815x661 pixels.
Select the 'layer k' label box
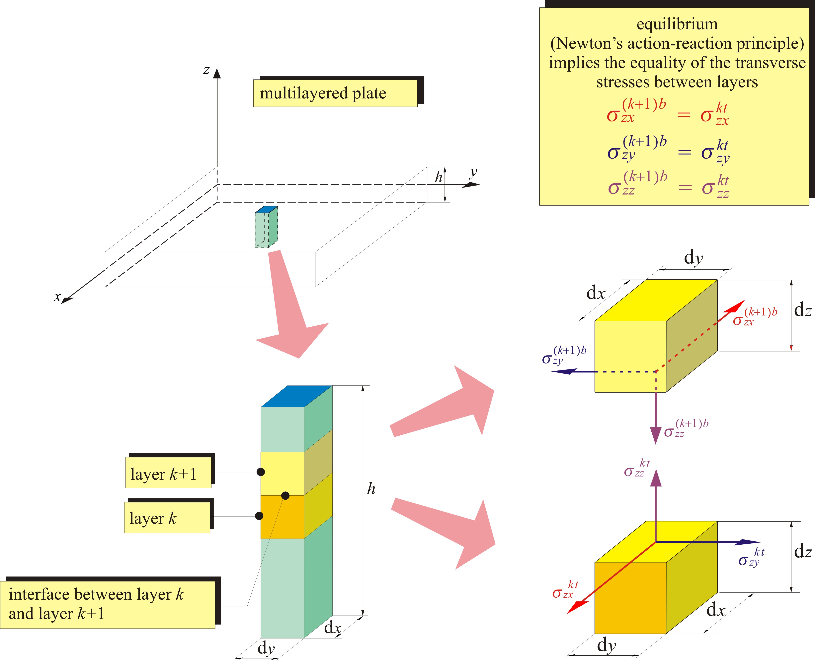tap(167, 518)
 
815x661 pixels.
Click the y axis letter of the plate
tap(473, 173)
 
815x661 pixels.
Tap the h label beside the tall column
tap(371, 488)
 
